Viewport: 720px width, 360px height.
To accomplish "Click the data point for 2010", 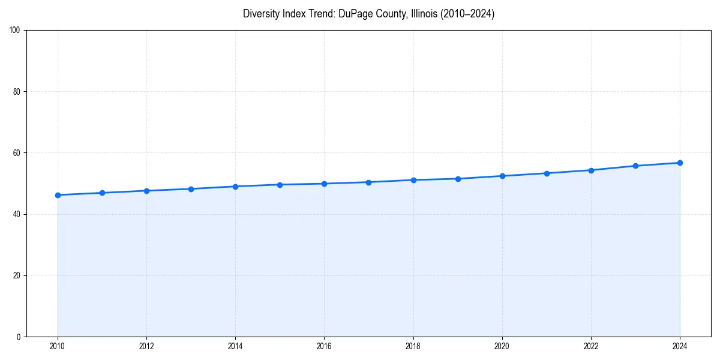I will (x=58, y=195).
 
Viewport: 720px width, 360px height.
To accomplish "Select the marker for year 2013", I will (x=191, y=189).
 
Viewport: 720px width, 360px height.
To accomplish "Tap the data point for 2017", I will (x=368, y=182).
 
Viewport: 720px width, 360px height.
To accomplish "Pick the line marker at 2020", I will (x=502, y=176).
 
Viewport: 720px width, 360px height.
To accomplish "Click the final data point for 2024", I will (x=680, y=163).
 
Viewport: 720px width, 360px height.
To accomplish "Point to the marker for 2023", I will (x=635, y=166).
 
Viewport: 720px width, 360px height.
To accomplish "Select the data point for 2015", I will (x=280, y=185).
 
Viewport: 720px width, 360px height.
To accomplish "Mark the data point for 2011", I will (x=102, y=193).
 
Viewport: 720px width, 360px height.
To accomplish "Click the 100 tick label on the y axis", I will (x=15, y=31).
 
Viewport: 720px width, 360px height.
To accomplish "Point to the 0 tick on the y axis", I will (x=19, y=337).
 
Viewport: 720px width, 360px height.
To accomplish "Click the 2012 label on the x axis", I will (x=146, y=346).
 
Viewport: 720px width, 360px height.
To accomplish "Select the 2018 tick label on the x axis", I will (x=413, y=346).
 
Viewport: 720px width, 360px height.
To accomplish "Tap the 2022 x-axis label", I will (x=591, y=346).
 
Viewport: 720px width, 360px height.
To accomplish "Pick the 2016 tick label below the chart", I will (x=324, y=346).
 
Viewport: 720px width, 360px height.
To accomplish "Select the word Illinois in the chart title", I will (x=424, y=14).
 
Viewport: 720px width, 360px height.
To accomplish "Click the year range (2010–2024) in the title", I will (x=467, y=14).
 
